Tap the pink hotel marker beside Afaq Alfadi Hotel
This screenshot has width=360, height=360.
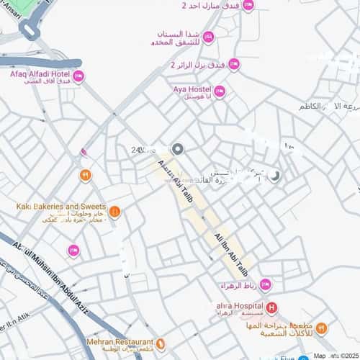[78, 76]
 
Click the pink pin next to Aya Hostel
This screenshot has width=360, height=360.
[220, 91]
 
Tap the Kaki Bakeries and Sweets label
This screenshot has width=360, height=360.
[61, 206]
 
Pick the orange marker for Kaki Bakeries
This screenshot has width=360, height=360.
[114, 212]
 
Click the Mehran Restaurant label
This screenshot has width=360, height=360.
[120, 342]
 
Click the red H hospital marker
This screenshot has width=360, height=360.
[271, 309]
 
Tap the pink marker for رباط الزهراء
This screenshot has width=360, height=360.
[265, 284]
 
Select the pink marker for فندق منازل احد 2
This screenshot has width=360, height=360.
[248, 6]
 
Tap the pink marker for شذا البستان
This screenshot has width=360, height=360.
[208, 37]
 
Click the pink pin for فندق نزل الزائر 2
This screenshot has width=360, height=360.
[234, 65]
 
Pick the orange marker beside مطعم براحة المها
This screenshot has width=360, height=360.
[321, 328]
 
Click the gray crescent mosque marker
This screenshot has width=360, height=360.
[274, 175]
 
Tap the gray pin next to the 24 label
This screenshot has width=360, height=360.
[178, 149]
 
